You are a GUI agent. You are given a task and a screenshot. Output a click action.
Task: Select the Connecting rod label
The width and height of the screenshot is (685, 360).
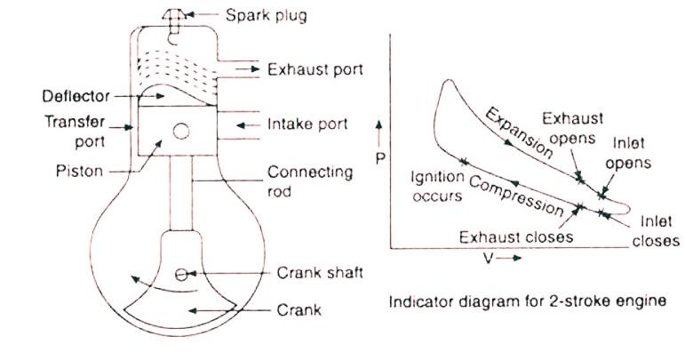[300, 180]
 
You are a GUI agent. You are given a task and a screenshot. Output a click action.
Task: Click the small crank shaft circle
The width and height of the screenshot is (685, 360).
[180, 274]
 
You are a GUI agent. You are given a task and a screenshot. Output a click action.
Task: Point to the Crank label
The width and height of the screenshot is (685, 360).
[298, 310]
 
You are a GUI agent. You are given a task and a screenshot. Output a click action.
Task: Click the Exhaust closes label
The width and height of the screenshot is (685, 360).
[515, 237]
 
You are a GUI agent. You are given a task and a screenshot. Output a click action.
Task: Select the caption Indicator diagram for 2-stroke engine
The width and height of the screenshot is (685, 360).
[527, 300]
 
